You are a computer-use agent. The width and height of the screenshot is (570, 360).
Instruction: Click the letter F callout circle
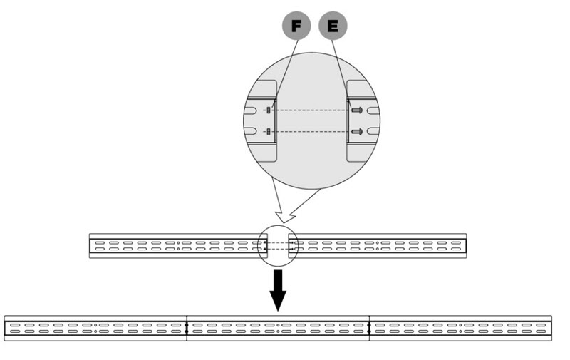pos(296,26)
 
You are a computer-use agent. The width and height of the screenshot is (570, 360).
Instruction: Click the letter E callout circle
pos(333,26)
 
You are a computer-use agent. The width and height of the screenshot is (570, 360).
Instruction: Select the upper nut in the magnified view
pos(268,110)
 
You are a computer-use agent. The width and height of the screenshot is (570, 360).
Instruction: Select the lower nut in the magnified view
pos(268,131)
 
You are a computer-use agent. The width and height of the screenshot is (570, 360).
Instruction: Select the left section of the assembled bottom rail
pos(95,328)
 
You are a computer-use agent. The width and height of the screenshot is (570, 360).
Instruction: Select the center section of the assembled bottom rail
pos(278,328)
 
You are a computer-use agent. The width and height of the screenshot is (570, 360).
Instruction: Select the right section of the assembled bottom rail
pos(460,328)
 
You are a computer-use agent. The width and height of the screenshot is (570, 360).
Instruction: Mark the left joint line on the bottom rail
pos(186,328)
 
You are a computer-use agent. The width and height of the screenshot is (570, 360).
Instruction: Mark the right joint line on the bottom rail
pos(369,328)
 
